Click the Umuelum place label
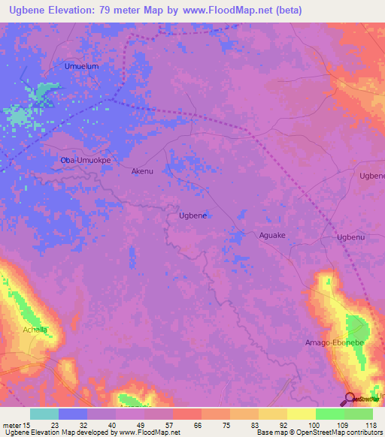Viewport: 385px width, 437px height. pos(82,66)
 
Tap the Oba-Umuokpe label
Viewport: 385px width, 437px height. pos(85,161)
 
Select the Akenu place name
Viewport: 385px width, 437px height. pos(142,171)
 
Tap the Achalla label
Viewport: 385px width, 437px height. pos(35,330)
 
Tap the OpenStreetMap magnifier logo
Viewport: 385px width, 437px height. pos(350,397)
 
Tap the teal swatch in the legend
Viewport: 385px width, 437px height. pos(44,414)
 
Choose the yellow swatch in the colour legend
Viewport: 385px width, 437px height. pos(301,414)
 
